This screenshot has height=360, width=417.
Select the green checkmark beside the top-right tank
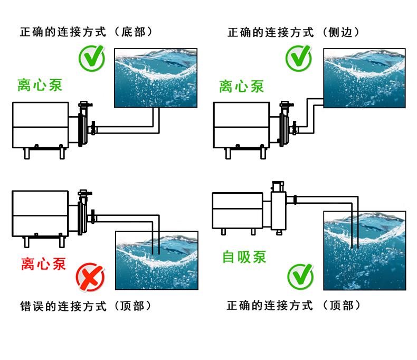pyautogui.click(x=299, y=59)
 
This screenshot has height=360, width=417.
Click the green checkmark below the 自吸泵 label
pyautogui.click(x=300, y=277)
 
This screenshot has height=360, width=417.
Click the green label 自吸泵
pyautogui.click(x=244, y=257)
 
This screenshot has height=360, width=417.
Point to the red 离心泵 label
pyautogui.click(x=44, y=262)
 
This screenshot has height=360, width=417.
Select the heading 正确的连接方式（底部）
pyautogui.click(x=86, y=32)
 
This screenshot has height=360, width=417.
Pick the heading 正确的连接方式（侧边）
pyautogui.click(x=293, y=32)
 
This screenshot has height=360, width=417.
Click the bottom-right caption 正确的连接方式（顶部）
pyautogui.click(x=293, y=306)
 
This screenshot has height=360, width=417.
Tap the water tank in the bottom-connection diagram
pyautogui.click(x=156, y=78)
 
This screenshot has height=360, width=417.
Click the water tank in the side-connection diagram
pyautogui.click(x=364, y=78)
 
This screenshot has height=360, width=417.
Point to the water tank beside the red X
pyautogui.click(x=157, y=260)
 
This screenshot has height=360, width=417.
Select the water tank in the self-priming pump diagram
pyautogui.click(x=365, y=250)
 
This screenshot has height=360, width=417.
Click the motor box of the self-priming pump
pyautogui.click(x=237, y=210)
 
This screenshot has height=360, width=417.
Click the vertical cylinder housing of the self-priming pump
pyautogui.click(x=278, y=209)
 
